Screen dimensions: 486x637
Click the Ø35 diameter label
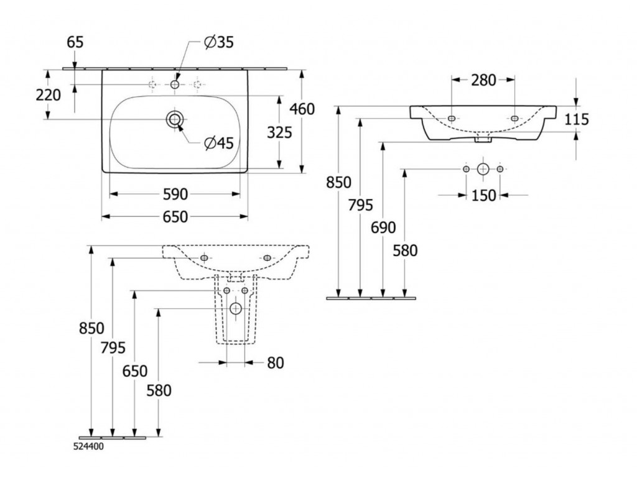(218, 42)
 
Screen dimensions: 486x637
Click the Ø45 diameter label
(218, 143)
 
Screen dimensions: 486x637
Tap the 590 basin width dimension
(175, 195)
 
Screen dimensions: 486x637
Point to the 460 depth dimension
(302, 109)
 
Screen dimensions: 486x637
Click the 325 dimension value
(278, 131)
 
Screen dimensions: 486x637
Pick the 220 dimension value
(48, 95)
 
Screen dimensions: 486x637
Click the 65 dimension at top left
(74, 42)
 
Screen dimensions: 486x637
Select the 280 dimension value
(483, 80)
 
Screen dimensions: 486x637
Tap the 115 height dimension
(577, 119)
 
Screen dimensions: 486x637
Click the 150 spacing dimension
(483, 195)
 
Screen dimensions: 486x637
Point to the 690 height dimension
(383, 228)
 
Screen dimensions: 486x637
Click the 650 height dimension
(134, 371)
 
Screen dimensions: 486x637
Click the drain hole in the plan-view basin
(175, 119)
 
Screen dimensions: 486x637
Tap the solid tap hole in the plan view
(175, 84)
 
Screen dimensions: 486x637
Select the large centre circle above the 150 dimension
(483, 168)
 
